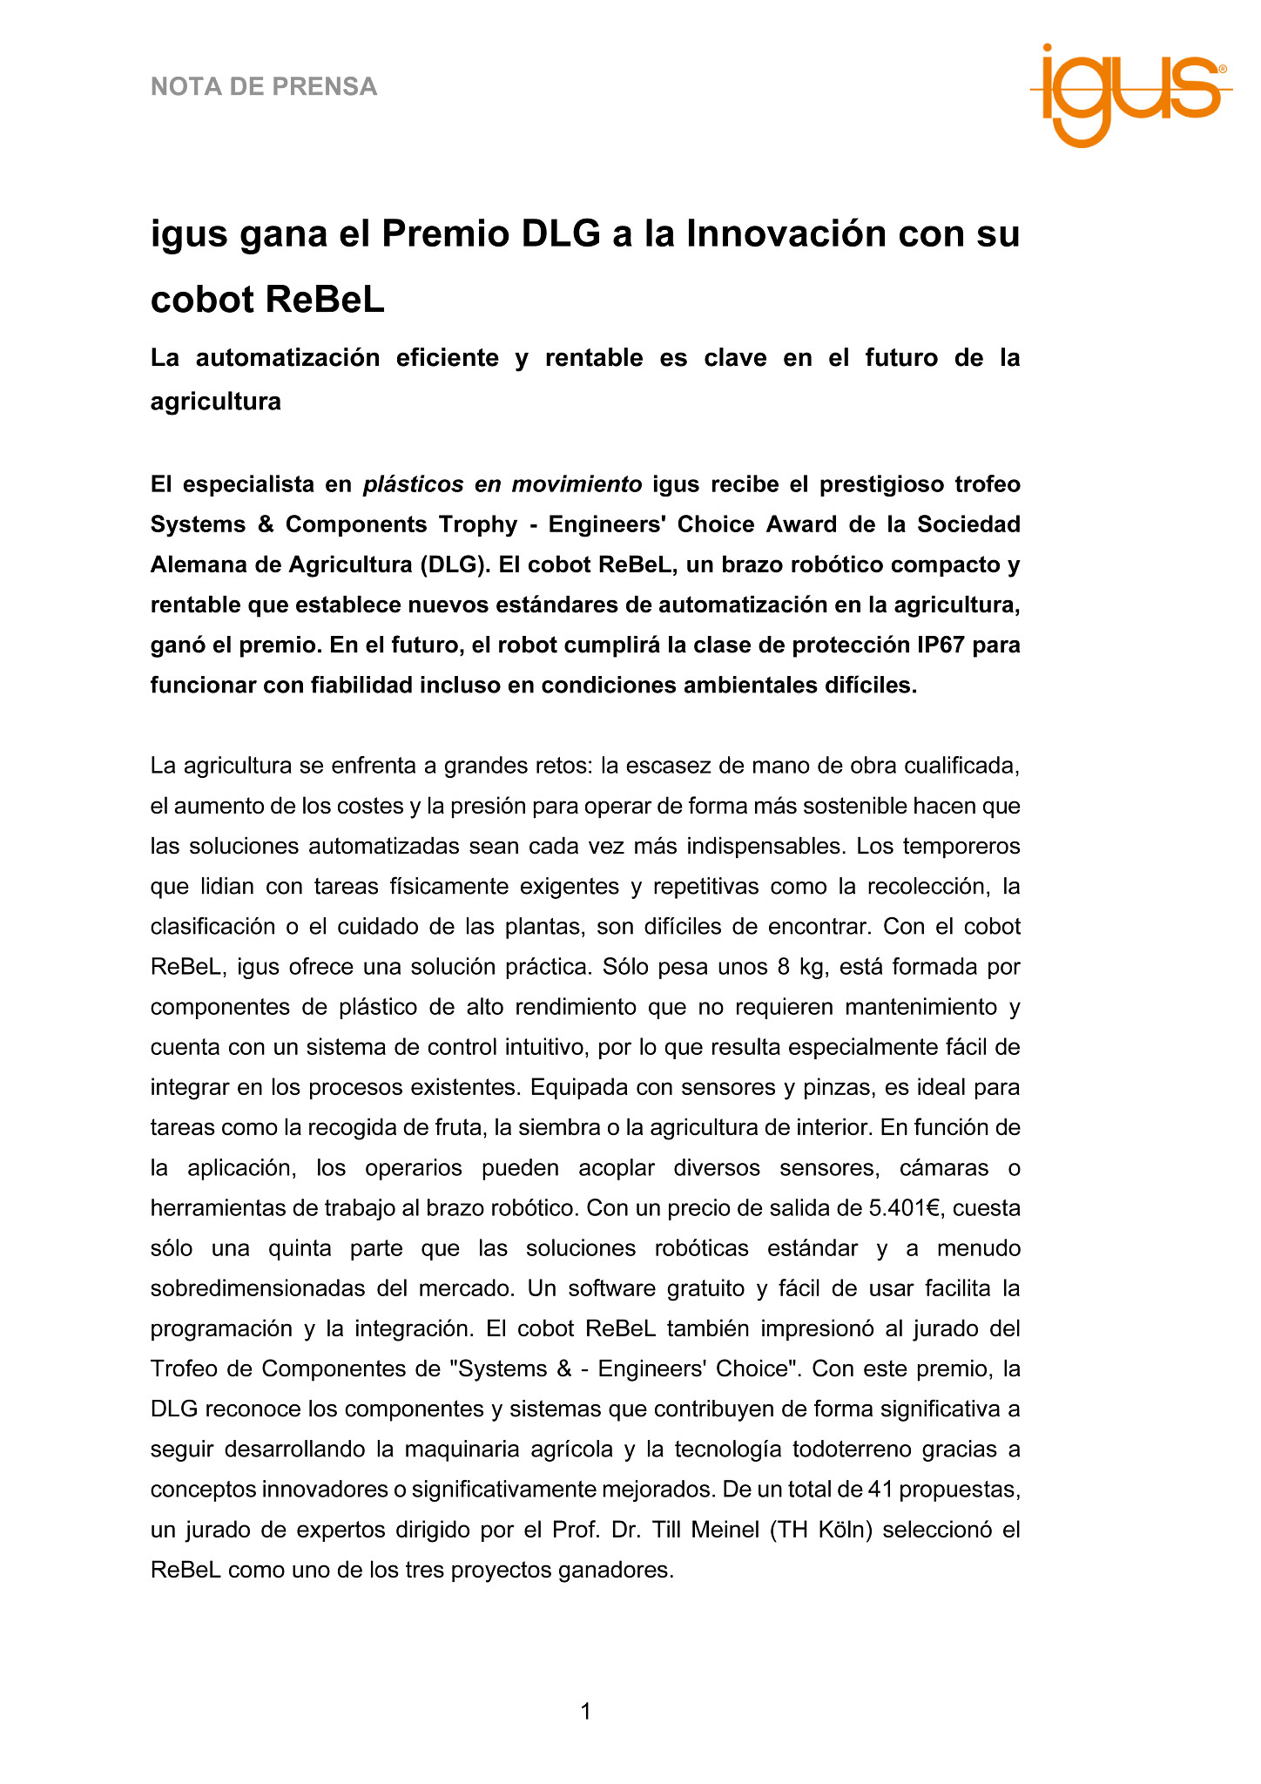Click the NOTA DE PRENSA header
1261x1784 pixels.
click(264, 87)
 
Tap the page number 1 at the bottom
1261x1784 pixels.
click(586, 1712)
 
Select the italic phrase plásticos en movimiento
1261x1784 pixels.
click(502, 484)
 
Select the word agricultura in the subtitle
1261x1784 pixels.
click(216, 402)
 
